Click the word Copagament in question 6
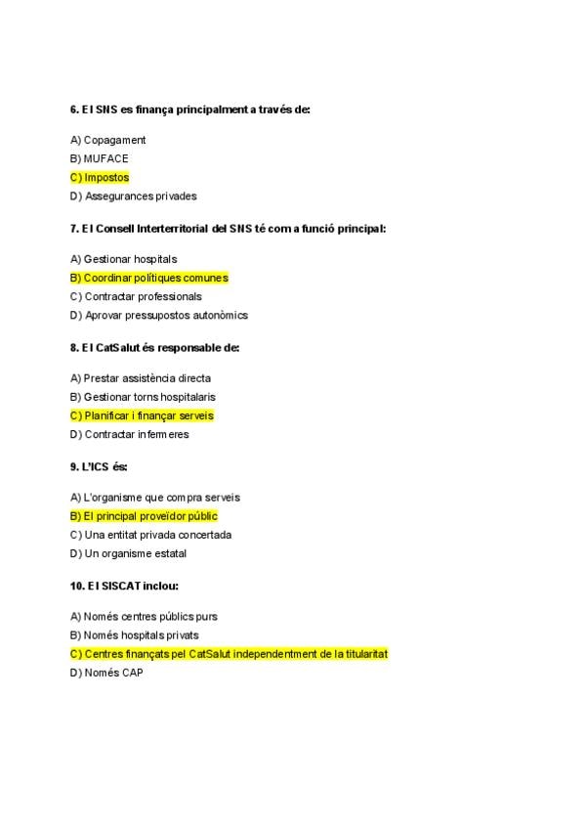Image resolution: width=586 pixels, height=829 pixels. click(114, 140)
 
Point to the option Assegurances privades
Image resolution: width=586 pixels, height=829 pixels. click(140, 196)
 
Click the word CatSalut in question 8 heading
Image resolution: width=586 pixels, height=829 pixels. click(118, 347)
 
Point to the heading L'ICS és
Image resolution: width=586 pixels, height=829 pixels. click(99, 466)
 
